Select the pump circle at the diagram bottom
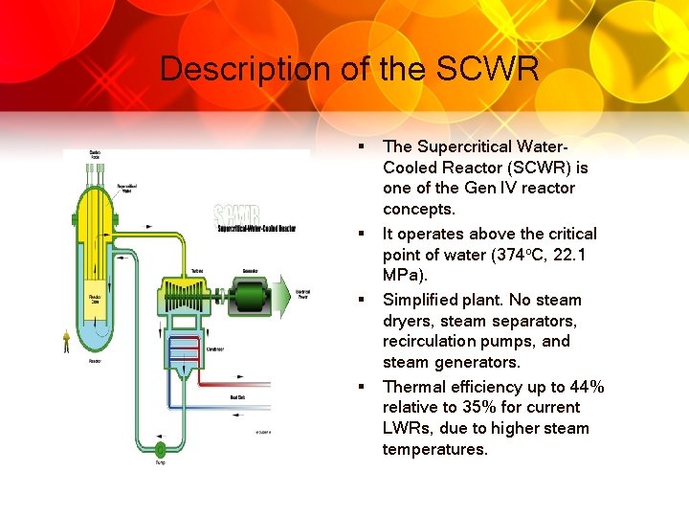click(x=160, y=448)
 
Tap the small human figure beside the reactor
click(x=67, y=341)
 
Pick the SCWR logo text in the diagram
click(x=238, y=214)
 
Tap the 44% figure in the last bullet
click(x=584, y=387)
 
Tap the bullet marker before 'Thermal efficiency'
click(x=363, y=387)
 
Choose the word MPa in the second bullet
click(x=400, y=276)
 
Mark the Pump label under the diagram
click(x=160, y=464)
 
